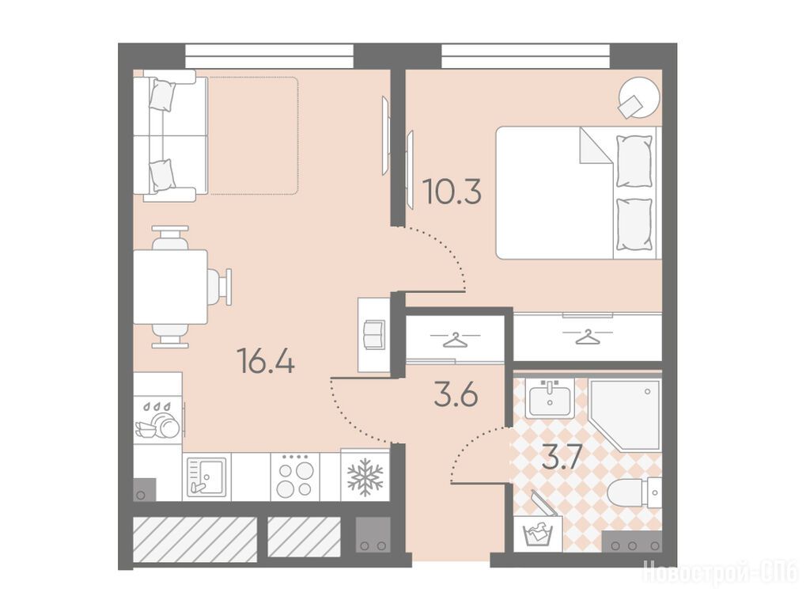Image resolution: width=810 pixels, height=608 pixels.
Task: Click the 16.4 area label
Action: coord(266,361)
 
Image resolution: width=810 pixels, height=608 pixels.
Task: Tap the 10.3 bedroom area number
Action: coord(452,192)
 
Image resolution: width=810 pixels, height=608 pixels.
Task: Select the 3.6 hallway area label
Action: coord(456,396)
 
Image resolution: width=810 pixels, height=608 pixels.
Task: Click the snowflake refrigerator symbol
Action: coord(365,477)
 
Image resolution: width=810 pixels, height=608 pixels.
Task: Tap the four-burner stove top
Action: coord(295,477)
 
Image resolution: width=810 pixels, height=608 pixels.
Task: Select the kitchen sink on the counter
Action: coord(206,477)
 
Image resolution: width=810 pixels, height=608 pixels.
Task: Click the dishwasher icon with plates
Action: coord(157,420)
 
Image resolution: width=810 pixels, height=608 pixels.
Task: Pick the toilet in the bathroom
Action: coord(635,492)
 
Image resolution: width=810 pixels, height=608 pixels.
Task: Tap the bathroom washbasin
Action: coord(549,398)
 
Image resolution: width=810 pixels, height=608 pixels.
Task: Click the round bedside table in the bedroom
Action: coord(639,98)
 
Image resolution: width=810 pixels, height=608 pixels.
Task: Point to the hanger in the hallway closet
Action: coord(455,340)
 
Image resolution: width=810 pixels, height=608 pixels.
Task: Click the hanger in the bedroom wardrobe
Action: coord(588,337)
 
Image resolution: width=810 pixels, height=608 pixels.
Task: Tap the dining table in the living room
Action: coord(171,287)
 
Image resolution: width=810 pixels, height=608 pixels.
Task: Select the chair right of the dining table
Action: coord(220,287)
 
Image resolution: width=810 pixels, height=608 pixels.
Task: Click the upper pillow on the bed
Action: coord(634,161)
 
